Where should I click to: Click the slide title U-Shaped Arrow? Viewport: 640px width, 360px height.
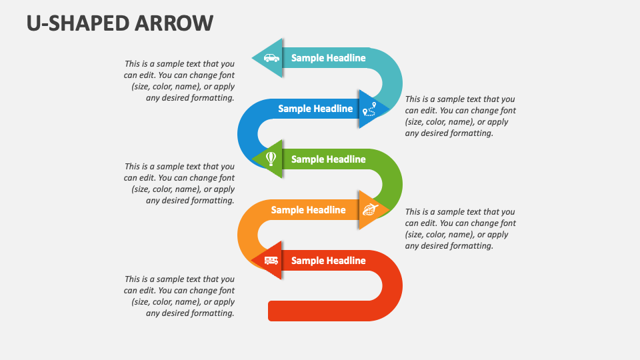[120, 23]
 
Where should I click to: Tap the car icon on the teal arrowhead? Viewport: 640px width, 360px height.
[271, 58]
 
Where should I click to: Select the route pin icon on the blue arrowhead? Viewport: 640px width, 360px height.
[369, 109]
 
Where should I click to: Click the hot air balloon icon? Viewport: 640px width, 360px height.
[271, 159]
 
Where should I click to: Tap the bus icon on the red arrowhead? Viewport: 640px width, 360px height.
[271, 261]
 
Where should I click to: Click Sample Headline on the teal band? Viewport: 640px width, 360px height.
[328, 58]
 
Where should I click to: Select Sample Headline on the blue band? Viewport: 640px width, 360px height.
[315, 109]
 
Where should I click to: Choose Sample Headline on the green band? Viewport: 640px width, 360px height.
[328, 159]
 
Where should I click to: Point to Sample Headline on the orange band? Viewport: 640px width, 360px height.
[308, 210]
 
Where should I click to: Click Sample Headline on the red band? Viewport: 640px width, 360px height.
[328, 261]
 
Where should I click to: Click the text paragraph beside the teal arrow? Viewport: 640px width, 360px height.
[179, 81]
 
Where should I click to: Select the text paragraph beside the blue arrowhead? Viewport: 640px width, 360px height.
[460, 116]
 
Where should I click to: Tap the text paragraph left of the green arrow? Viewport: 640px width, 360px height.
[179, 183]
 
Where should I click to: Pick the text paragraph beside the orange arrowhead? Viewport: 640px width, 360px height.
[460, 229]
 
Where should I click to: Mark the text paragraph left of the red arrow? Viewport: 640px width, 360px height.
[179, 296]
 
